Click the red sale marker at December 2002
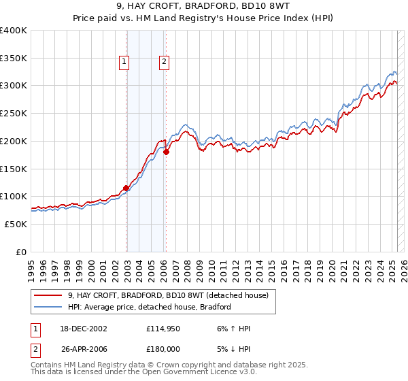[126, 188]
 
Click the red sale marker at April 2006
[166, 152]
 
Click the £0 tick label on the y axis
[22, 251]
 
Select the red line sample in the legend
[48, 295]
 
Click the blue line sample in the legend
[48, 307]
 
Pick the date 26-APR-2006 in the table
[84, 348]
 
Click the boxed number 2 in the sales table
[34, 348]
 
